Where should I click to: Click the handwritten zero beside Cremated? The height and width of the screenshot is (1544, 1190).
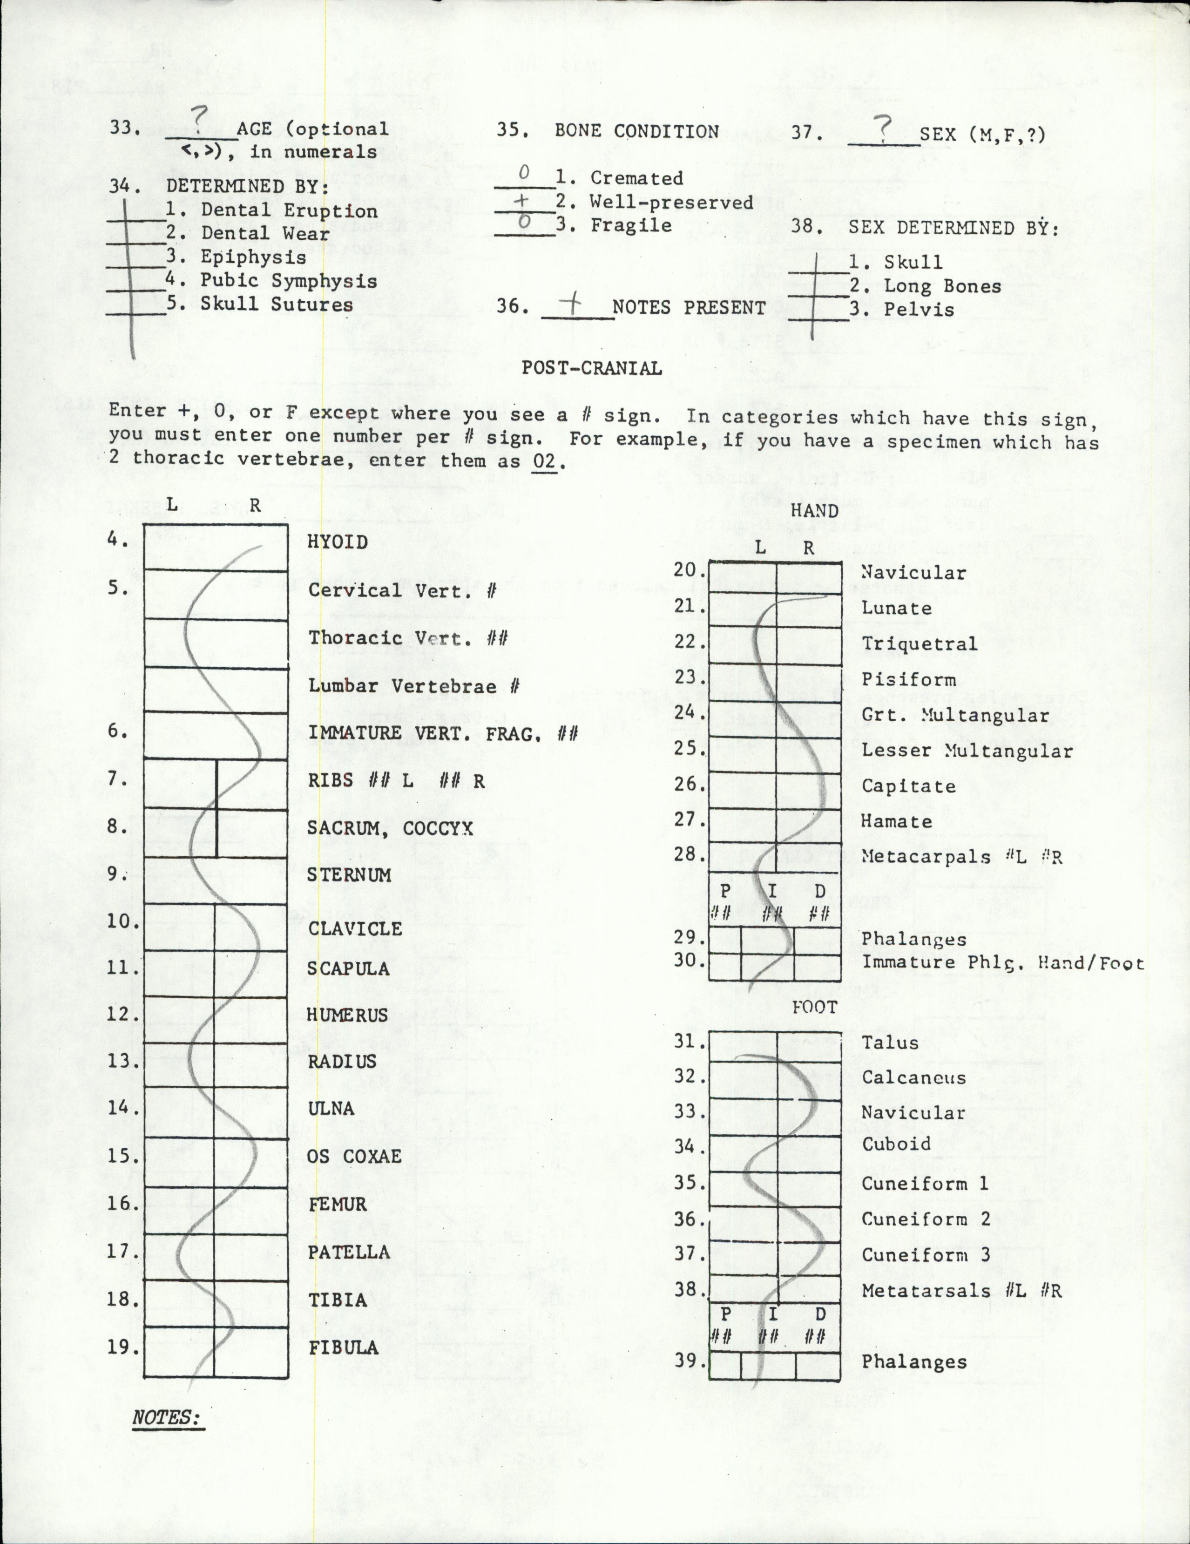tap(524, 172)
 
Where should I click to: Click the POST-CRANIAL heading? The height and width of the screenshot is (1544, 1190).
tap(591, 368)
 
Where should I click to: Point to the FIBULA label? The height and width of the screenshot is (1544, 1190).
tap(344, 1348)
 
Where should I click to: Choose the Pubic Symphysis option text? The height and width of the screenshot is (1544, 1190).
tap(289, 281)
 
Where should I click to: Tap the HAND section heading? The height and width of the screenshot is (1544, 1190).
tap(815, 510)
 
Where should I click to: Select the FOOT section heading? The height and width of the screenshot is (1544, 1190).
tap(814, 1008)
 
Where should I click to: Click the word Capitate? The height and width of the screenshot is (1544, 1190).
tap(908, 786)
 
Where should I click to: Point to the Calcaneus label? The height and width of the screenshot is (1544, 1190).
tap(913, 1077)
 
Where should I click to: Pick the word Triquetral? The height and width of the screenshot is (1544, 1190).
tap(919, 643)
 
